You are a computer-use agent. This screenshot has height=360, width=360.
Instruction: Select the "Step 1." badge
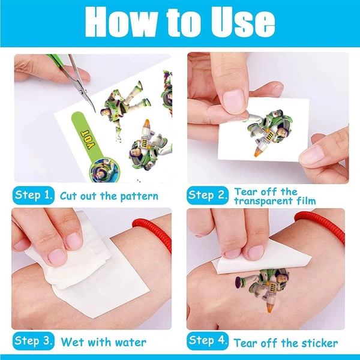(34, 195)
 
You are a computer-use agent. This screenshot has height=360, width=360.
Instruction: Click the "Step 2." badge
(208, 195)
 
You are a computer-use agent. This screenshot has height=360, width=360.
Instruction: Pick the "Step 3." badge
(34, 342)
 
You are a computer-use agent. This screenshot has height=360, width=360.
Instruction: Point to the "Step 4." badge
(208, 342)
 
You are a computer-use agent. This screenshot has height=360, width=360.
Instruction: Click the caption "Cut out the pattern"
(109, 196)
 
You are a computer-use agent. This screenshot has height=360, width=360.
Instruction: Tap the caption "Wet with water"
(103, 343)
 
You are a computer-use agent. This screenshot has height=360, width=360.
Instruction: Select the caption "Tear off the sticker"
(286, 343)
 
